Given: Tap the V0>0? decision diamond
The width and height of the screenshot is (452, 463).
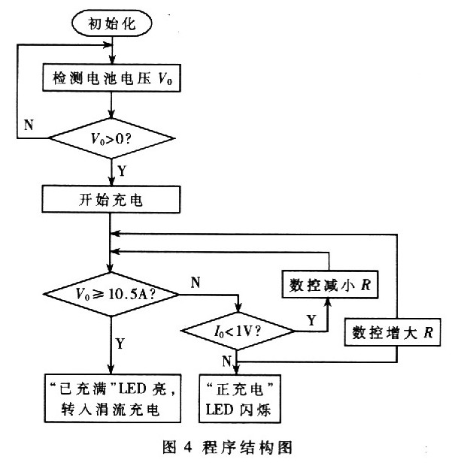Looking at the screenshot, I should (x=111, y=138).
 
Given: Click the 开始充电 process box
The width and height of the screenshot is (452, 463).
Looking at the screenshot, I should (x=111, y=201).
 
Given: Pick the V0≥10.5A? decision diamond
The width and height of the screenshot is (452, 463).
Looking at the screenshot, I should (x=111, y=292).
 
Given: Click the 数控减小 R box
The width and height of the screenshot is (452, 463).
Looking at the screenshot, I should (x=328, y=285).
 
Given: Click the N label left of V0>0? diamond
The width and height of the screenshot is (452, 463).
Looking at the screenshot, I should (x=29, y=125).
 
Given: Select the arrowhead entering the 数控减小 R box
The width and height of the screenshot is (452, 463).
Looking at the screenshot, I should (x=328, y=301).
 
